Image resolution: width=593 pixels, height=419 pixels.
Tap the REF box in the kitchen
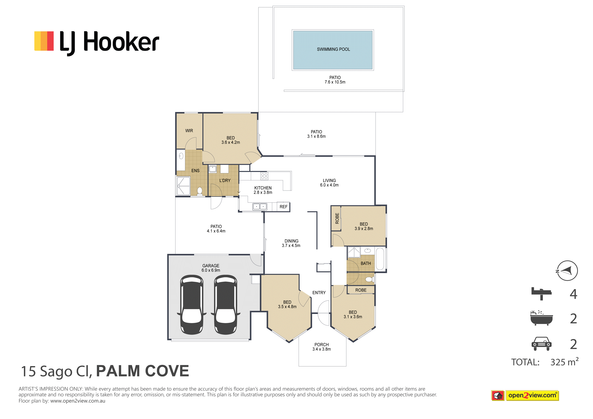click(x=283, y=207)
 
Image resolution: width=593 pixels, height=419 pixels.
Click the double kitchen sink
click(x=260, y=206)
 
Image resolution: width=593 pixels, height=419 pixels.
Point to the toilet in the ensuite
click(x=200, y=191)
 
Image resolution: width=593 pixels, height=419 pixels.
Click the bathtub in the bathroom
click(x=380, y=259)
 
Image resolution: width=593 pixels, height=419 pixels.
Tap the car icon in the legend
click(x=541, y=344)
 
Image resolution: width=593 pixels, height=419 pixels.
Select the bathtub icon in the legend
click(x=541, y=318)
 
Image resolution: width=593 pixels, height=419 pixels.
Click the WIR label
click(x=189, y=131)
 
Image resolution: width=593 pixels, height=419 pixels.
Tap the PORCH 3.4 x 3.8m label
click(x=322, y=347)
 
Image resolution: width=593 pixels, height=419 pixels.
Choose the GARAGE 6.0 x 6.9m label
click(x=211, y=268)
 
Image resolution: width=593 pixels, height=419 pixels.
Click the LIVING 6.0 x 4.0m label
click(x=329, y=183)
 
